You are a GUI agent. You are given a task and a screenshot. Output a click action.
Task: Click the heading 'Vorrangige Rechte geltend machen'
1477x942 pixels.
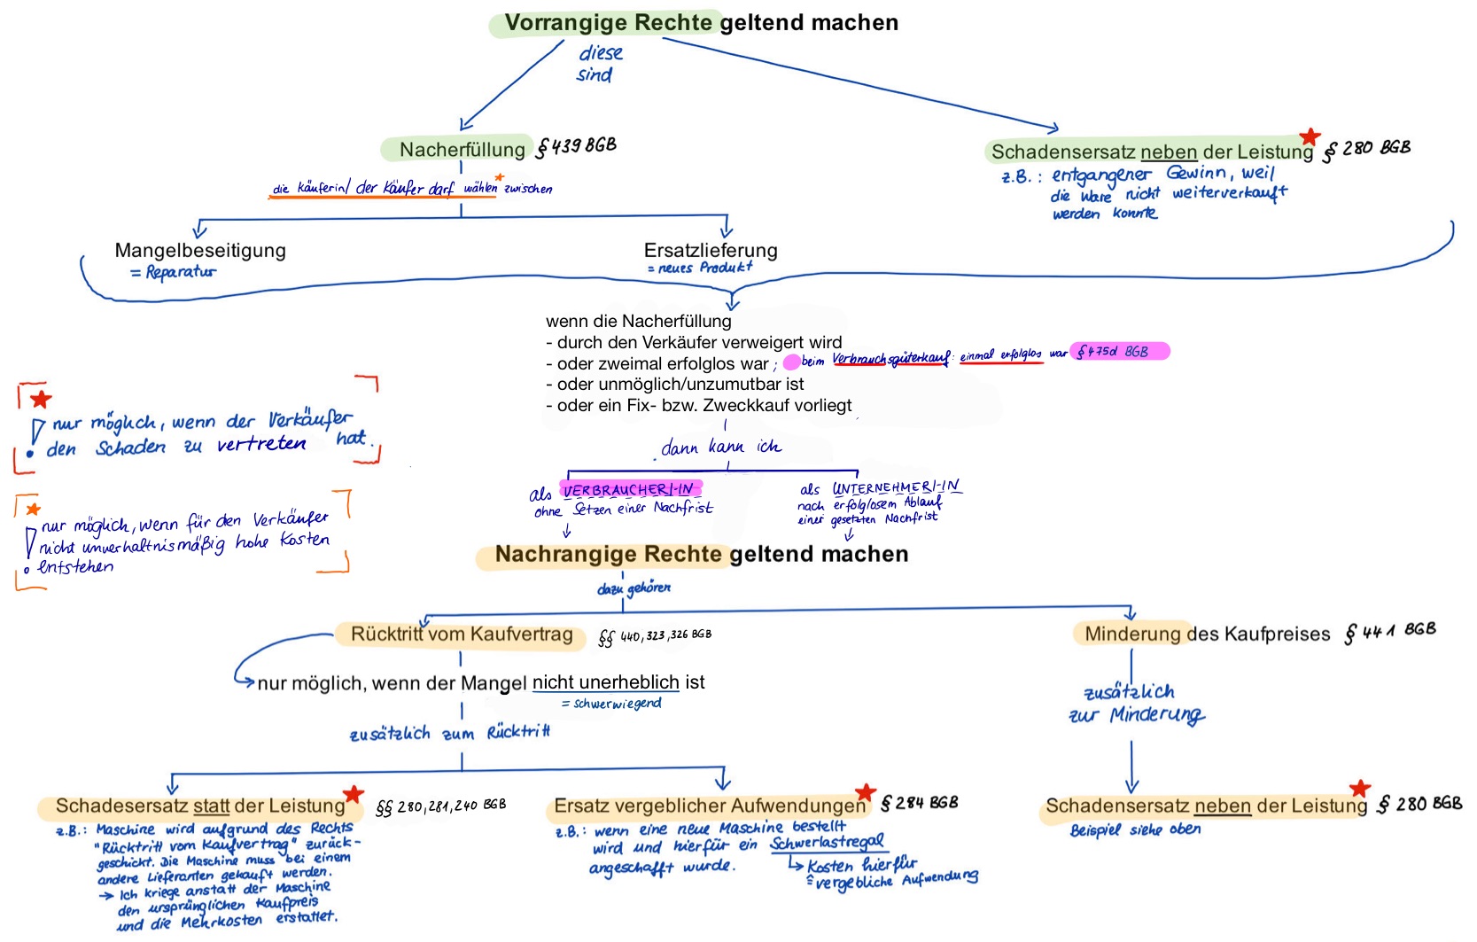click(701, 23)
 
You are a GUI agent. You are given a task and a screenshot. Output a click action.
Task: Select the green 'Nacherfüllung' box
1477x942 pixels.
click(462, 150)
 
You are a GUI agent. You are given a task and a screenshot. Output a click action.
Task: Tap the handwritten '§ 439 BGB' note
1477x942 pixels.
click(576, 146)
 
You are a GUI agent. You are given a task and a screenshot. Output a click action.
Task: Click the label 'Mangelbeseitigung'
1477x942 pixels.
click(200, 251)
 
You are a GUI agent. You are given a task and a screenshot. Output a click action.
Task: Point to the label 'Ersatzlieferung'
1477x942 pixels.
click(711, 251)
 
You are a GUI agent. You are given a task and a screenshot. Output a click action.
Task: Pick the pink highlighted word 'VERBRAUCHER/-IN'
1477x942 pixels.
click(629, 489)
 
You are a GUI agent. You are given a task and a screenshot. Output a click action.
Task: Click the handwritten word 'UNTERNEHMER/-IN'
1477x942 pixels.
click(896, 487)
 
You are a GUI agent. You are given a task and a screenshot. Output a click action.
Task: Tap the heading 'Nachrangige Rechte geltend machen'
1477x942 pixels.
click(701, 555)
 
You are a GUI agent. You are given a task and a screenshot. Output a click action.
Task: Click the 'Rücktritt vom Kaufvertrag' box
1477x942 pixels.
click(462, 634)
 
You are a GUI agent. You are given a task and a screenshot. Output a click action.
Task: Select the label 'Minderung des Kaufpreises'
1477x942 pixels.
click(1207, 634)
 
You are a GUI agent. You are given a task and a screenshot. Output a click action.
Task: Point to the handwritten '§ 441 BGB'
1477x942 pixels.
click(1389, 631)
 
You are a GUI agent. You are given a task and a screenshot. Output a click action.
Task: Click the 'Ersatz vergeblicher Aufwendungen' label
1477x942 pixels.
click(709, 806)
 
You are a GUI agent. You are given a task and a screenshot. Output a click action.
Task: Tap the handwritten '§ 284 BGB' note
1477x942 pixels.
click(919, 803)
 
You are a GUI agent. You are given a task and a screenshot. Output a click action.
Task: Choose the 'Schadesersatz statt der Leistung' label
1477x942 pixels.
click(200, 806)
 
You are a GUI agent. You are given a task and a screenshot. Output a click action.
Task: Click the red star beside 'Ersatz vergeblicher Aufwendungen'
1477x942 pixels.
click(866, 791)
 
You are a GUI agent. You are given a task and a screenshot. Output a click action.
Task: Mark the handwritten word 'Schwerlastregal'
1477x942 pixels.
click(827, 843)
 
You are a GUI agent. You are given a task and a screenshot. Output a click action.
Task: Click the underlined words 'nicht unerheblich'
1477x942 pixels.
click(605, 682)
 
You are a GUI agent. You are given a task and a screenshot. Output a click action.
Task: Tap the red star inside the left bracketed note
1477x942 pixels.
click(41, 399)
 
